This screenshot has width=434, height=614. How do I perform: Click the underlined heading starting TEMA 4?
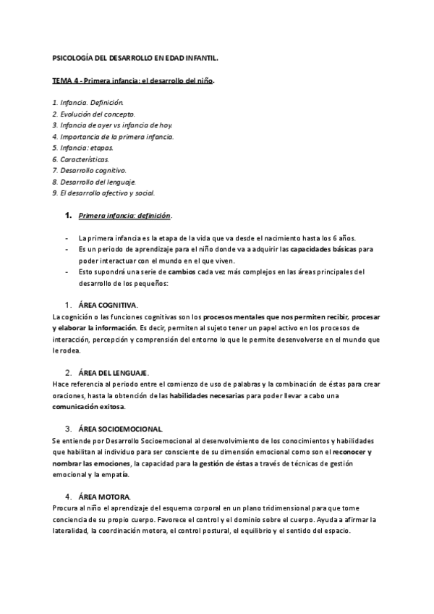click(x=133, y=80)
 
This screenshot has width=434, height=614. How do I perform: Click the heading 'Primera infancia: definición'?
click(x=124, y=216)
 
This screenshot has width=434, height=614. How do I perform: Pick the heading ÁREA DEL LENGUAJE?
click(x=117, y=372)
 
